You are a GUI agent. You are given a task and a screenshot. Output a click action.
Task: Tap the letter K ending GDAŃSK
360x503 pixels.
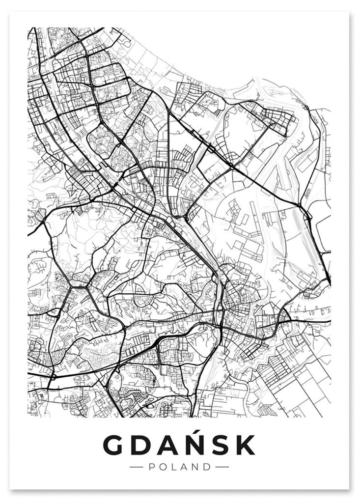point(246,445)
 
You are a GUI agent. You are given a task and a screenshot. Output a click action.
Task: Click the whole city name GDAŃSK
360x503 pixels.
point(179,445)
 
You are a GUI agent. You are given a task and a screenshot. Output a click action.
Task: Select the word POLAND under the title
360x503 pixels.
point(179,467)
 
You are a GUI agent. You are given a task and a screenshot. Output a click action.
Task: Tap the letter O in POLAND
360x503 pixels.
point(163,467)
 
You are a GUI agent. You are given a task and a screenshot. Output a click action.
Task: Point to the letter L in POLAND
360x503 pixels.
point(173,467)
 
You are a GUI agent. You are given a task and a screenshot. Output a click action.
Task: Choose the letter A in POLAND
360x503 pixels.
point(183,467)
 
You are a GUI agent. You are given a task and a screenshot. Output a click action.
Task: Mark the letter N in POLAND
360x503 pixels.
point(195,467)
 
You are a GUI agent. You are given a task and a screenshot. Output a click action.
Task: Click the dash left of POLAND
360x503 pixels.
point(136,467)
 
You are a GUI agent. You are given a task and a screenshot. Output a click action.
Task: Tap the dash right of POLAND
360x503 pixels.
point(222,467)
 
